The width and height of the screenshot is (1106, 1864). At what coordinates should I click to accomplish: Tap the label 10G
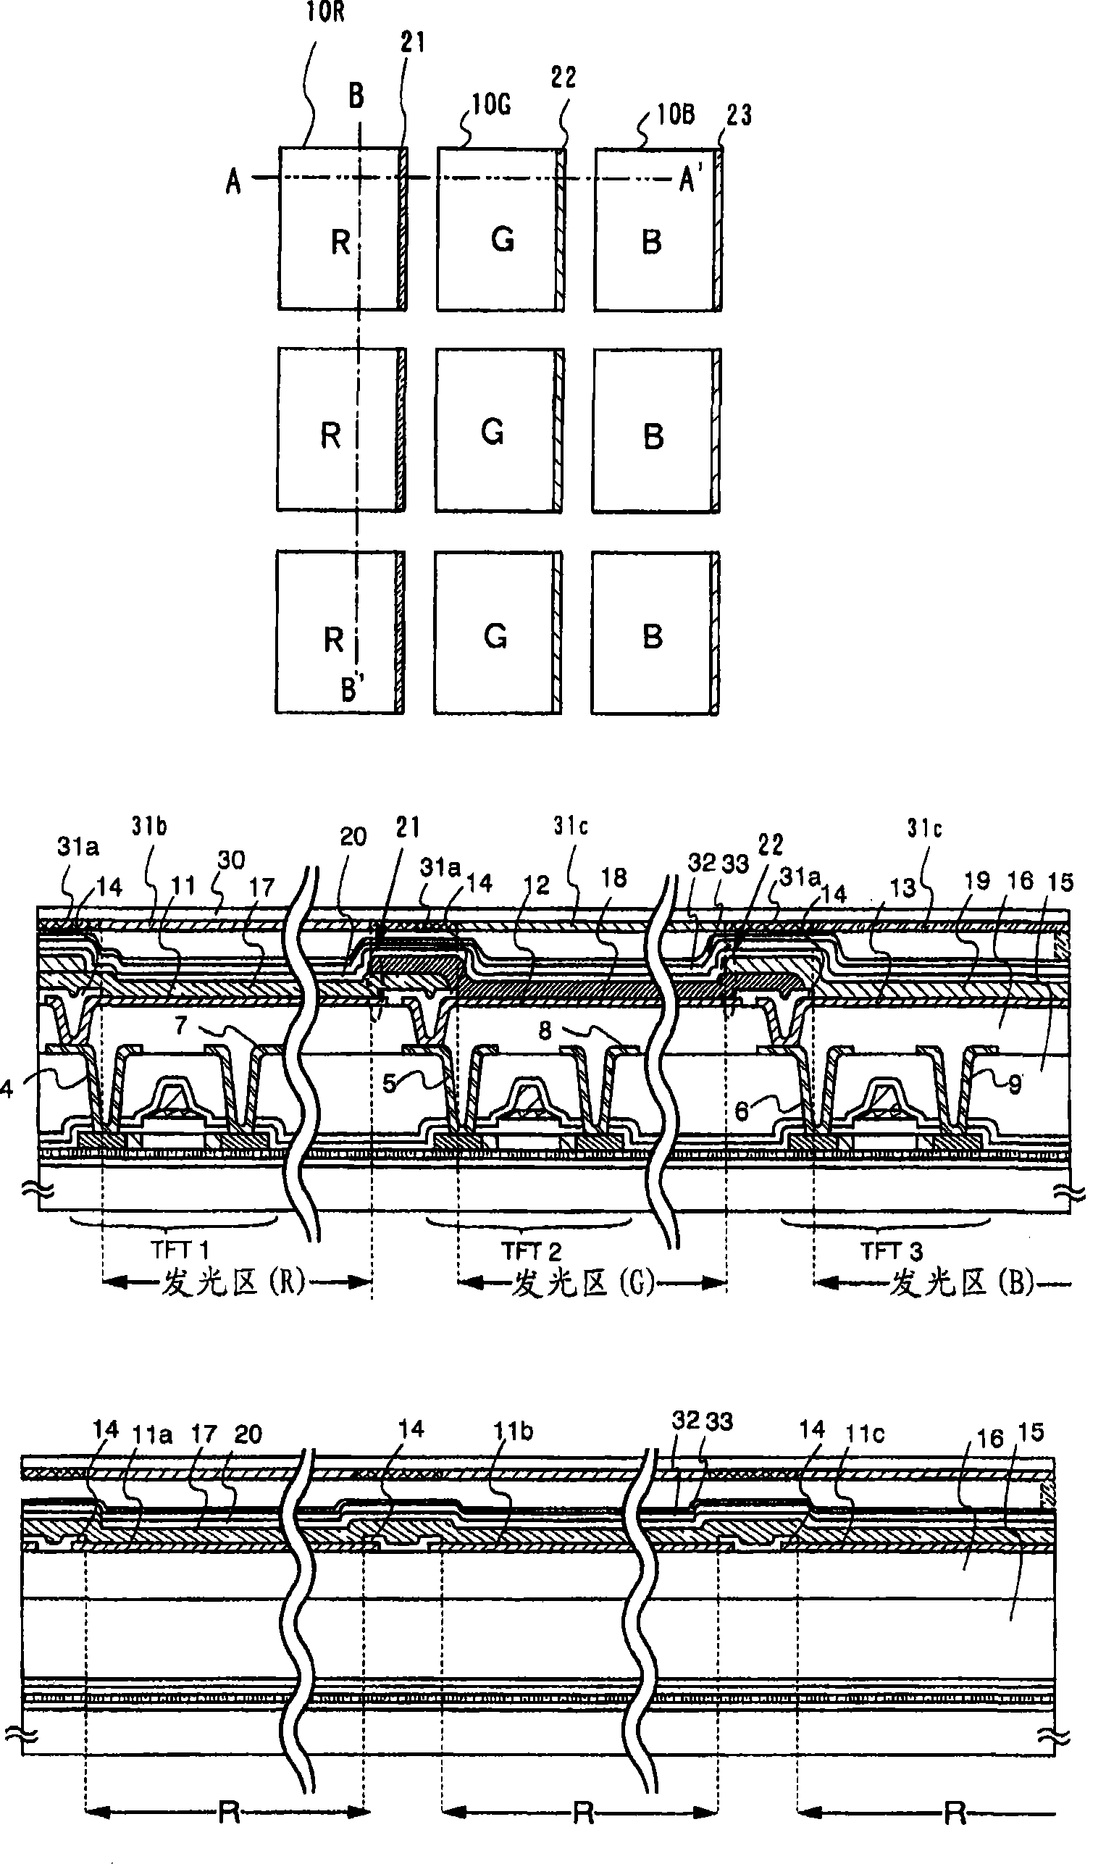491,105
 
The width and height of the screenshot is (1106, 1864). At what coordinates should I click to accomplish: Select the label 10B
676,114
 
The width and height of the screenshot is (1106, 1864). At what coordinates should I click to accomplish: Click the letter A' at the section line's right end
690,180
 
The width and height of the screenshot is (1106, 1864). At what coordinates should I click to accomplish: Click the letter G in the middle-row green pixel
493,432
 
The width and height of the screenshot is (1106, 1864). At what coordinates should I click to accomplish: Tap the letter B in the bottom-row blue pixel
652,637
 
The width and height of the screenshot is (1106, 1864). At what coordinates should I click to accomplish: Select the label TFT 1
180,1250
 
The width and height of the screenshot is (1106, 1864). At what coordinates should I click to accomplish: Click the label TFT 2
532,1251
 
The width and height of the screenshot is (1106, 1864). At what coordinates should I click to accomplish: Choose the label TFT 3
892,1251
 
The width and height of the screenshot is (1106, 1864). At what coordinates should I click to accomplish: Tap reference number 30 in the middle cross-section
231,859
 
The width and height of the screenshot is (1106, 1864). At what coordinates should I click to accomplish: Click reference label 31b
149,826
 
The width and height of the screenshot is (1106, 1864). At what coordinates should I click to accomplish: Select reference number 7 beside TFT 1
181,1026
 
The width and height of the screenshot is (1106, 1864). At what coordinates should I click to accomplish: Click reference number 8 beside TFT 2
545,1030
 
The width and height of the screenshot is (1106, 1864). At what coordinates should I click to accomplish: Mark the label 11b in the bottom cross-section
513,1431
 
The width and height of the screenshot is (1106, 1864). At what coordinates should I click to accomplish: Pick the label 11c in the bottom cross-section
865,1433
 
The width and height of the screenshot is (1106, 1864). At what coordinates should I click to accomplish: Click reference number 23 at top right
739,114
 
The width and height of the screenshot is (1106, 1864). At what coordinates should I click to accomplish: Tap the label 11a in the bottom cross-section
152,1433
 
